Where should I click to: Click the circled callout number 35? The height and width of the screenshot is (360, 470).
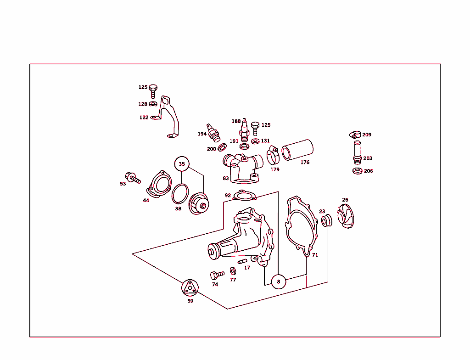182,164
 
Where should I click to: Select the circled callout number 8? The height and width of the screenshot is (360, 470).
278,281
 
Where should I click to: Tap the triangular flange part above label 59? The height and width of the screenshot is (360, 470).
190,288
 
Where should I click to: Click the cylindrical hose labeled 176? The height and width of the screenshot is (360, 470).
297,150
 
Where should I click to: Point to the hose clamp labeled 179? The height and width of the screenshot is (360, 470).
274,156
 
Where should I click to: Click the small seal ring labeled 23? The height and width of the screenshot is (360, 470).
325,221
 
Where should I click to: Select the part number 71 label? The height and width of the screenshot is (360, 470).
315,255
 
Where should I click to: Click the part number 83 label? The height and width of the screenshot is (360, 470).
226,178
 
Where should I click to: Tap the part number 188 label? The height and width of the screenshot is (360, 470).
236,121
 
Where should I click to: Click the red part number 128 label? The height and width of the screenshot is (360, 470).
143,104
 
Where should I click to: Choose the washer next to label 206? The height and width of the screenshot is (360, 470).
356,171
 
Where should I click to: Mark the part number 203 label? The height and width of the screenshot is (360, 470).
368,158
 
